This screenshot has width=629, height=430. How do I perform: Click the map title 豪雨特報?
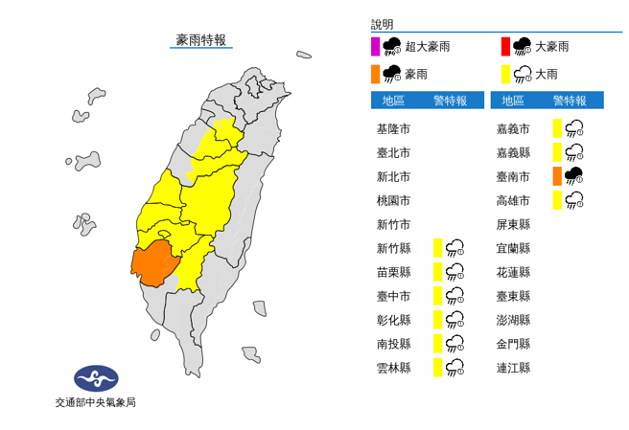pyautogui.click(x=201, y=39)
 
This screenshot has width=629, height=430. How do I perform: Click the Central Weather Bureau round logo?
pyautogui.click(x=96, y=377)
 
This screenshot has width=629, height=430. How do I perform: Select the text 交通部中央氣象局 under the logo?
pyautogui.click(x=96, y=402)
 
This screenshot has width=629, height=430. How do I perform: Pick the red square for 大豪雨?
pyautogui.click(x=504, y=46)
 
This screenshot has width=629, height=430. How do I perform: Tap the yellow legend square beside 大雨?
pyautogui.click(x=504, y=73)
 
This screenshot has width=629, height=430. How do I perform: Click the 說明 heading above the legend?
pyautogui.click(x=382, y=25)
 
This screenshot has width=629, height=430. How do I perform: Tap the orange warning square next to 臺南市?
pyautogui.click(x=557, y=175)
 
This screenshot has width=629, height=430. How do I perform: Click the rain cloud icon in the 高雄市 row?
pyautogui.click(x=575, y=200)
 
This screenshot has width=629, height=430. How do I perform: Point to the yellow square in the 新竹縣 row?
pyautogui.click(x=437, y=248)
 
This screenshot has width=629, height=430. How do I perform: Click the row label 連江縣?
pyautogui.click(x=513, y=368)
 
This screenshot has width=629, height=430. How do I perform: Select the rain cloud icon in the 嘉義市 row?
pyautogui.click(x=575, y=128)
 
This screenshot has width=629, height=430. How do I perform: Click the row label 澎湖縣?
pyautogui.click(x=513, y=320)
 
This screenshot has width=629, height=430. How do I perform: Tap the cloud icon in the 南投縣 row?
pyautogui.click(x=455, y=344)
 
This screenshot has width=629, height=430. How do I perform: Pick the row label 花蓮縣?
pyautogui.click(x=513, y=272)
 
